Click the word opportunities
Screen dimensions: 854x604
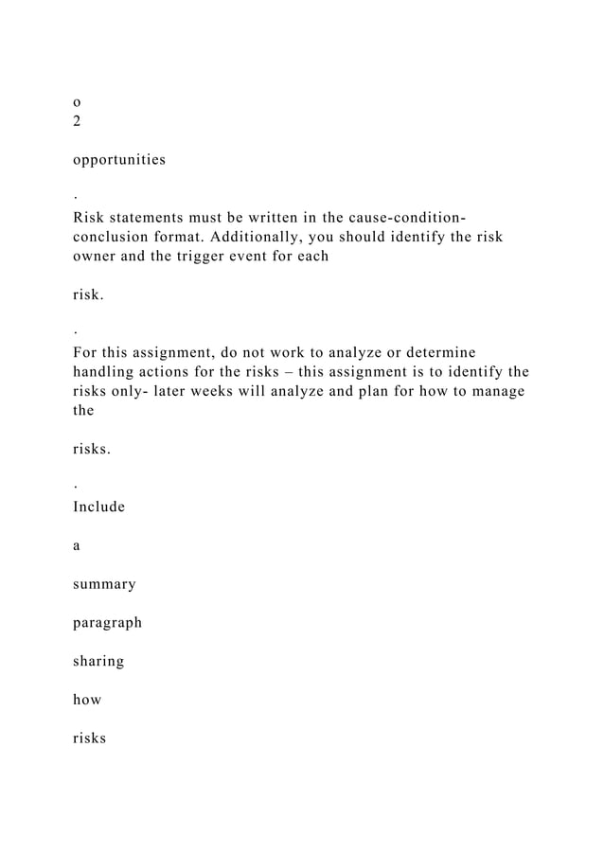[118, 160]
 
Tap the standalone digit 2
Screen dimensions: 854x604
[77, 121]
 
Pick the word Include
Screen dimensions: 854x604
[98, 507]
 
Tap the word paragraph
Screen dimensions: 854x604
[107, 624]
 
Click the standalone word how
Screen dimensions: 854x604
[88, 701]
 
